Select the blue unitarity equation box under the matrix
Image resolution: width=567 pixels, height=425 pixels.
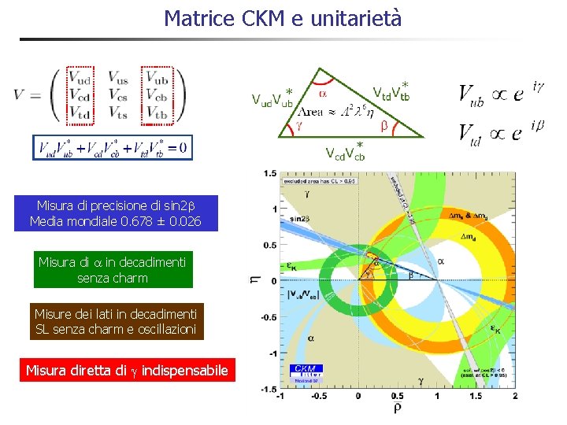(112, 147)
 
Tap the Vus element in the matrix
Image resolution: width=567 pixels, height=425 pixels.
(119, 78)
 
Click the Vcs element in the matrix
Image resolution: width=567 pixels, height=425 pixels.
(119, 95)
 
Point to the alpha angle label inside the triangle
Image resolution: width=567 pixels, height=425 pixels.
(323, 92)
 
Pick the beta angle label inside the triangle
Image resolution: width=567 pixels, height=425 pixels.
(384, 126)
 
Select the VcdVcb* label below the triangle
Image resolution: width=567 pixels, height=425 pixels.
(345, 151)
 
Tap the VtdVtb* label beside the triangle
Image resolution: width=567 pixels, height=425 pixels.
(390, 91)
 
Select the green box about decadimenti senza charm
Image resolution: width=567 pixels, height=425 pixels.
(113, 269)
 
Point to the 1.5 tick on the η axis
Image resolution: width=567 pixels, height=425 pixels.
(270, 173)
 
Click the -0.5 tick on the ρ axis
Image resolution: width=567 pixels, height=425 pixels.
(318, 396)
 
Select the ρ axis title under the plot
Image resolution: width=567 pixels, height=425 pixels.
(396, 408)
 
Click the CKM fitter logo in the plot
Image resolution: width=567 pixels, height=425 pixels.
(306, 371)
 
